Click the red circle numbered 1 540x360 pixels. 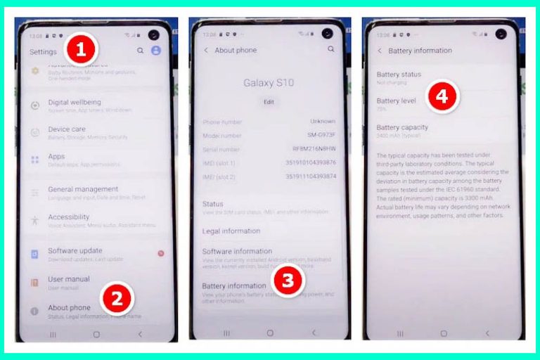point(82,50)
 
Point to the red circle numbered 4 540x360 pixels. point(442,98)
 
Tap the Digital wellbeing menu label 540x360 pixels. point(74,102)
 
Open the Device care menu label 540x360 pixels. point(66,129)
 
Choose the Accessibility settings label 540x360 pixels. point(68,217)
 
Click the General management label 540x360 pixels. point(82,189)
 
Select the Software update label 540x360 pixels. point(75,250)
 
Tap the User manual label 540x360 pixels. point(68,279)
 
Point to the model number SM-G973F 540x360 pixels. point(321,135)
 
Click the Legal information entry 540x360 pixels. point(231,231)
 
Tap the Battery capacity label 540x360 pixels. point(401,127)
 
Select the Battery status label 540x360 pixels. point(398,75)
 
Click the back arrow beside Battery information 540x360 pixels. point(380,51)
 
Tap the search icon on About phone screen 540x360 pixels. point(330,50)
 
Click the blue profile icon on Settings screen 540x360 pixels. point(156,51)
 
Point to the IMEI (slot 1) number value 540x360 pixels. point(310,163)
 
